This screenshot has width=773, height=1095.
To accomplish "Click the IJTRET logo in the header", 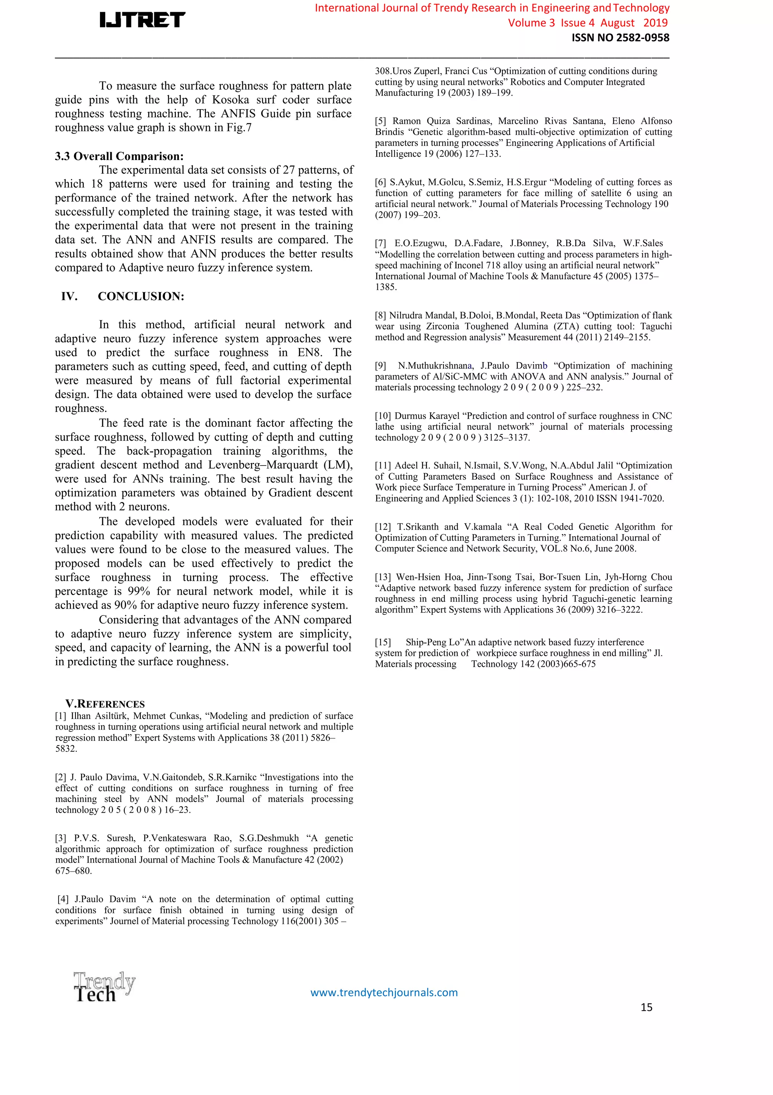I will (x=142, y=20).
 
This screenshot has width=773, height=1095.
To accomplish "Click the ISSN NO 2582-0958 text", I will (x=621, y=38).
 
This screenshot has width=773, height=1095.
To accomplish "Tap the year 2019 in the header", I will (x=655, y=23).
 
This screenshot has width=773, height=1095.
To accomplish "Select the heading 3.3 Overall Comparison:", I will (x=119, y=156).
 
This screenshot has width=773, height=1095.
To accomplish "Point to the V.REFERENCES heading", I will (x=105, y=704).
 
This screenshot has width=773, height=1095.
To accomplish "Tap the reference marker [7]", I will (x=380, y=243).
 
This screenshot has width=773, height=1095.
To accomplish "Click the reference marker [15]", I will (x=382, y=642).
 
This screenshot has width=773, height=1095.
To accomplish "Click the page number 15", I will (x=646, y=1007).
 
